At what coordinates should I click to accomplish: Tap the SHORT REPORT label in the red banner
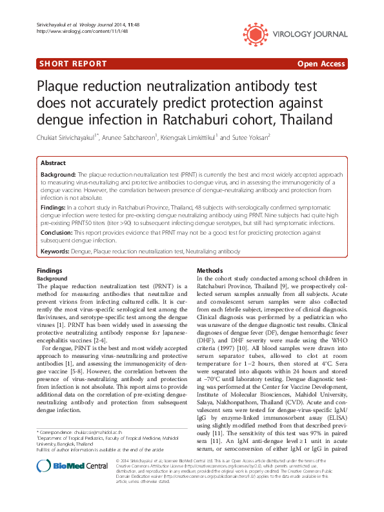click(72, 64)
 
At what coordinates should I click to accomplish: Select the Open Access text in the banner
click(322, 64)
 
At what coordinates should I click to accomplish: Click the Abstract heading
click(53, 163)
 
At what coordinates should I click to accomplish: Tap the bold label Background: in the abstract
click(58, 175)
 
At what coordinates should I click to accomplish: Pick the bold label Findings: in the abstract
click(54, 208)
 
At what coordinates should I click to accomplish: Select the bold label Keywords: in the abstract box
click(57, 251)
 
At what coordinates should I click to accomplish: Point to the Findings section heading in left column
click(50, 271)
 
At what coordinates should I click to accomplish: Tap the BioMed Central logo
click(63, 485)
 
